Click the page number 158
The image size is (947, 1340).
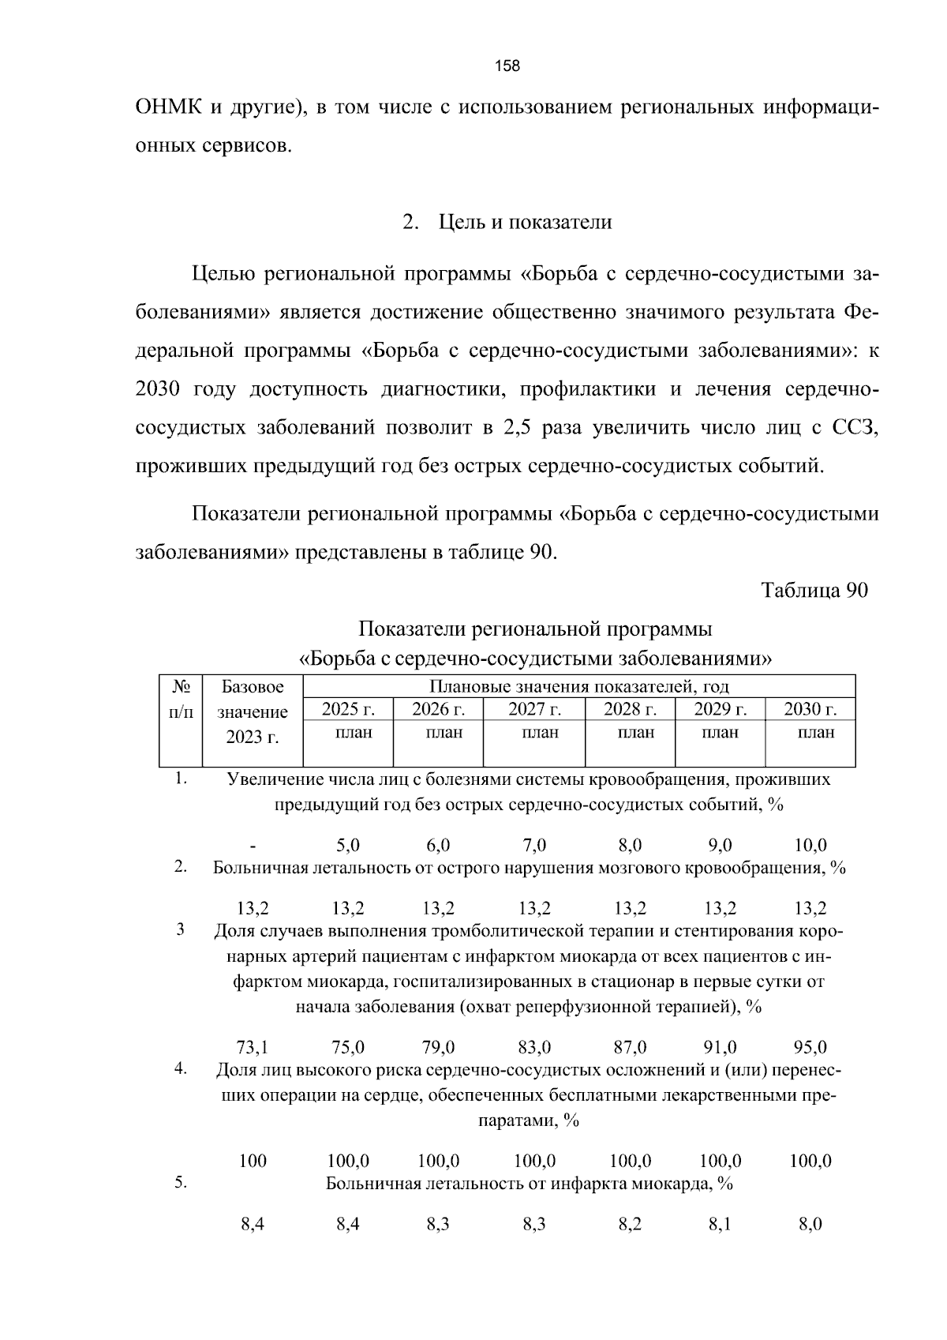pyautogui.click(x=507, y=66)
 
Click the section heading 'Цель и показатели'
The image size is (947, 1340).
pyautogui.click(x=525, y=223)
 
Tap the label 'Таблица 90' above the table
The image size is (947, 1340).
pyautogui.click(x=814, y=591)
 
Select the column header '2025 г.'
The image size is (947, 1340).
pyautogui.click(x=348, y=709)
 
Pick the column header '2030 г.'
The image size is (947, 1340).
pyautogui.click(x=810, y=709)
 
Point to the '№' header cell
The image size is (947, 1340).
pyautogui.click(x=181, y=686)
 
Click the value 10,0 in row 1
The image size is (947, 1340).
pyautogui.click(x=810, y=846)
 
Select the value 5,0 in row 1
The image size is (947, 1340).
pyautogui.click(x=348, y=846)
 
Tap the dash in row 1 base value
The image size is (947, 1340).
pyautogui.click(x=253, y=846)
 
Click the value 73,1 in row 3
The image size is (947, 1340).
pyautogui.click(x=253, y=1047)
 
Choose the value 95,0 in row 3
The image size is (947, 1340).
pyautogui.click(x=810, y=1047)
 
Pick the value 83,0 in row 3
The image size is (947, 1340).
pyautogui.click(x=534, y=1047)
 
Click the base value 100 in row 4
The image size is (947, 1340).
pyautogui.click(x=253, y=1161)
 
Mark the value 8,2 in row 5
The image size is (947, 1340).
pyautogui.click(x=630, y=1225)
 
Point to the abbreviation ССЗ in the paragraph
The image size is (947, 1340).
pyautogui.click(x=855, y=428)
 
